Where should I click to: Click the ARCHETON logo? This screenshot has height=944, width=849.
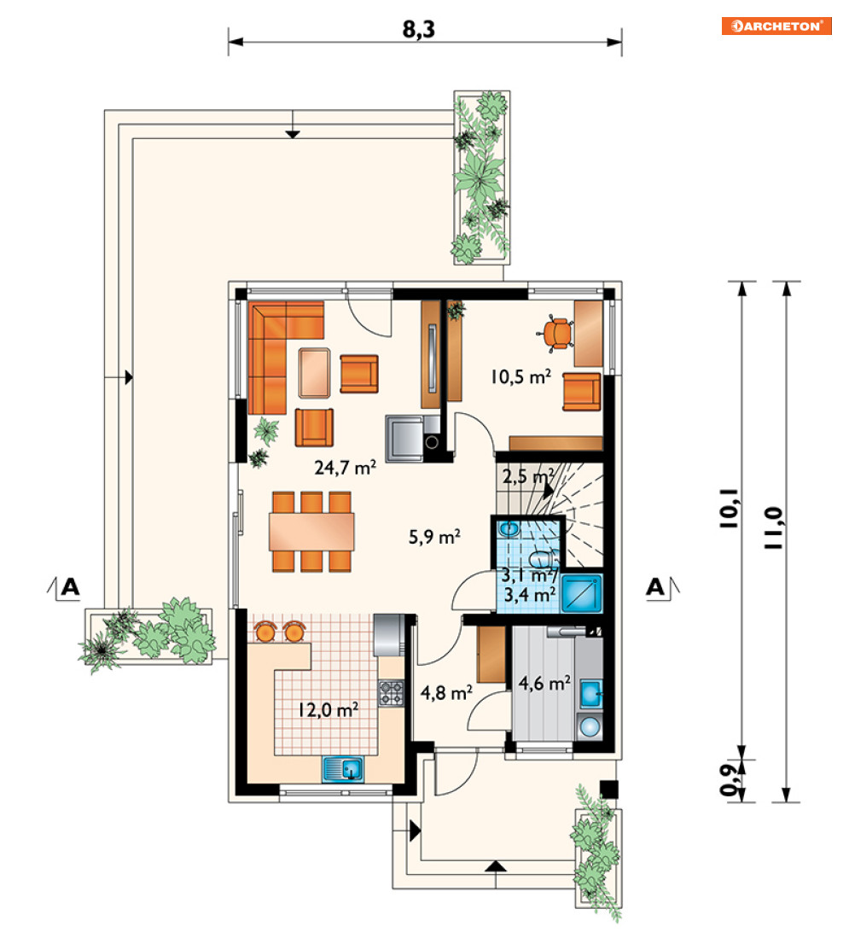click(x=776, y=26)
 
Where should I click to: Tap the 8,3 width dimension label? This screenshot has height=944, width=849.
click(x=419, y=28)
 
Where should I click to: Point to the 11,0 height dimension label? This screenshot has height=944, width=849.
click(x=774, y=527)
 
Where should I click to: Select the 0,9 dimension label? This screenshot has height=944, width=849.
click(x=730, y=779)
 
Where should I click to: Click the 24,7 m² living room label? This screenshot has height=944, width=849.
click(x=346, y=467)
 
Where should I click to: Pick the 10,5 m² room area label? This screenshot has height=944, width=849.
click(x=520, y=377)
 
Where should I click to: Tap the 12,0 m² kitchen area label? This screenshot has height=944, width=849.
click(x=329, y=710)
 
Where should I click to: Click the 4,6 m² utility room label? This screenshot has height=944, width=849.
click(x=544, y=684)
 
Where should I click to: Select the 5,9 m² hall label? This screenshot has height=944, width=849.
click(x=434, y=536)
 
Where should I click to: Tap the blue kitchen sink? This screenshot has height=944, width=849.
click(x=343, y=769)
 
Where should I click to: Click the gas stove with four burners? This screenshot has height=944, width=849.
click(x=391, y=693)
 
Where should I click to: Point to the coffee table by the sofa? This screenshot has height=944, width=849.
click(x=315, y=373)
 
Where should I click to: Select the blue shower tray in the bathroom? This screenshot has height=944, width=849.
click(x=581, y=593)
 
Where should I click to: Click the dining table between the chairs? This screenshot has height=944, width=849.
click(x=311, y=531)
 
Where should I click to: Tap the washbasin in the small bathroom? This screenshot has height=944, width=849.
click(x=509, y=529)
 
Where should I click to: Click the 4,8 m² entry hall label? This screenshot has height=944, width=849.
click(x=446, y=693)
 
